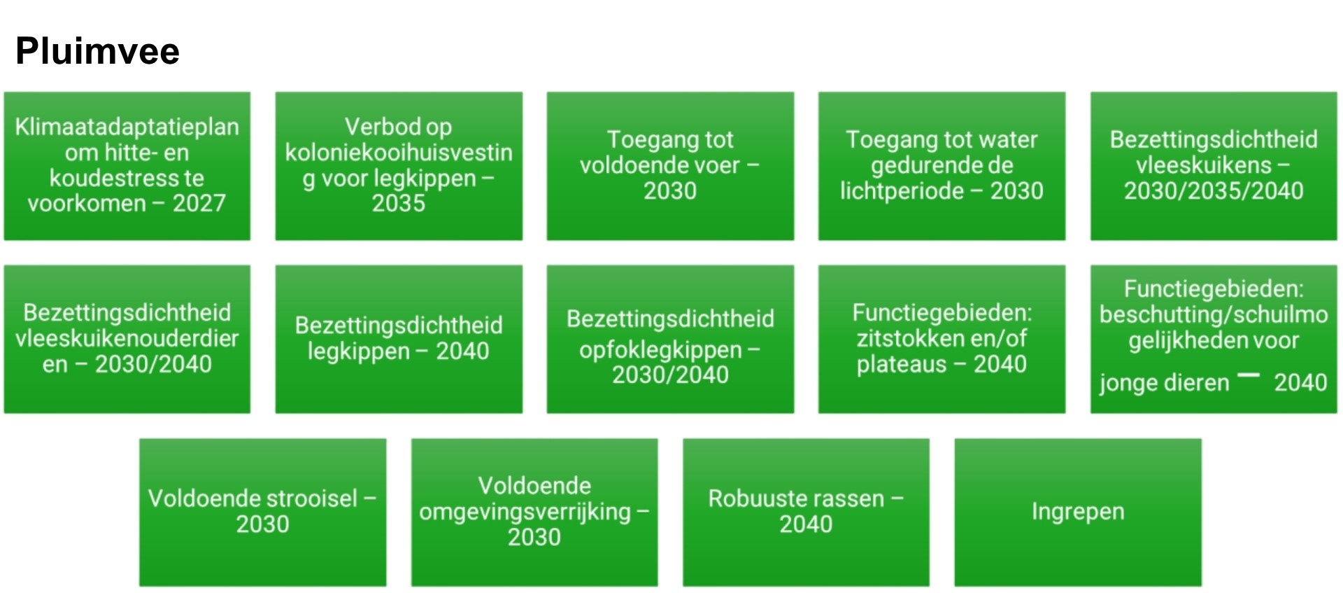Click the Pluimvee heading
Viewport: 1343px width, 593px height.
coord(97,51)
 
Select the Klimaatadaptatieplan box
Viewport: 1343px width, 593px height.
coord(127,166)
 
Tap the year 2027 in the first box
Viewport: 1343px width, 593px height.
coord(199,203)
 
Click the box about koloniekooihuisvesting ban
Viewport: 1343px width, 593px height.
coord(399,166)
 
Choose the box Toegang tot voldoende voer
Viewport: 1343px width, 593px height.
coord(670,166)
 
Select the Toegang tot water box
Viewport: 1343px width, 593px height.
coord(941,166)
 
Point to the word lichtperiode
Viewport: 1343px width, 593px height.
coord(902,191)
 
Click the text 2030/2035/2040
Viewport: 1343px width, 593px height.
coord(1214,191)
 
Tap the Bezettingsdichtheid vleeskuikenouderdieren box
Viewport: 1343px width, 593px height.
coord(127,339)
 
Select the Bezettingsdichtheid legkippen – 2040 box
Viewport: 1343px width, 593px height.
coord(399,339)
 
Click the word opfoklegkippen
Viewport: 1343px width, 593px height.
coord(660,350)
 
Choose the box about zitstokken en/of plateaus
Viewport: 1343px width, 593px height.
coord(941,339)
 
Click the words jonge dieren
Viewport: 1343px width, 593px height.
coord(1164,383)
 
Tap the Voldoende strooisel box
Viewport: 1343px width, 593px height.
coord(263,512)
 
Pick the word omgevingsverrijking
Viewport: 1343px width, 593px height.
coord(525,512)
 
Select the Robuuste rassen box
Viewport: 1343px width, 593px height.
coord(806,512)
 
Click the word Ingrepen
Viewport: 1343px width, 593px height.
coord(1078,512)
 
